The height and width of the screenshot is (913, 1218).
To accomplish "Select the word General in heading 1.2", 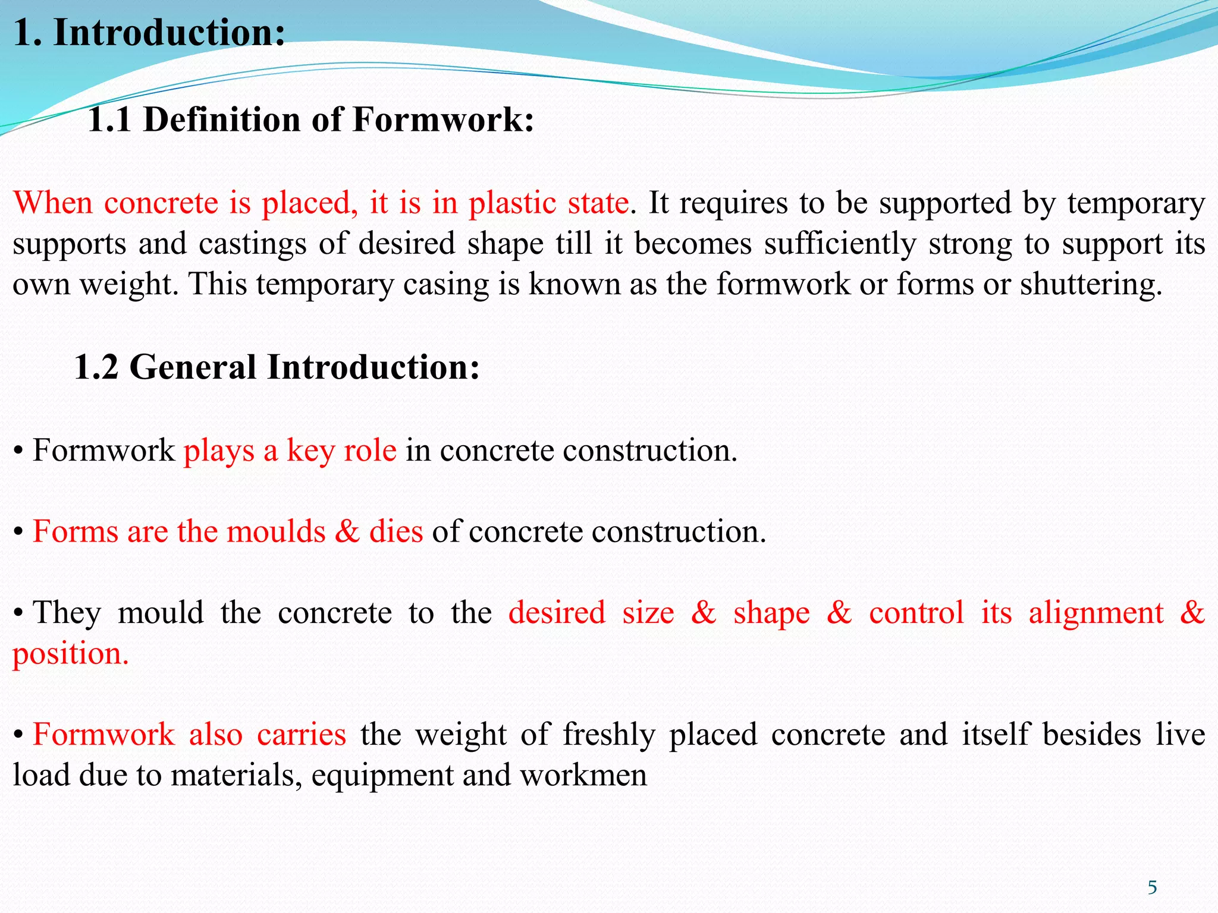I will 193,367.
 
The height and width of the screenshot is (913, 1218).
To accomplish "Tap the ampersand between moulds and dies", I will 347,531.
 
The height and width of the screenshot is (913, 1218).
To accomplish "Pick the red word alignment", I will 1096,613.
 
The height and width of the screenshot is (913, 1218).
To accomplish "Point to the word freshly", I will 609,735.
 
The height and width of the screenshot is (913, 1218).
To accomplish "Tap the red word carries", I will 301,735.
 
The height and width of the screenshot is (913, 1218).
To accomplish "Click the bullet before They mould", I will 19,613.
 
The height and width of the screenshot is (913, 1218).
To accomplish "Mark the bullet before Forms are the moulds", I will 19,531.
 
